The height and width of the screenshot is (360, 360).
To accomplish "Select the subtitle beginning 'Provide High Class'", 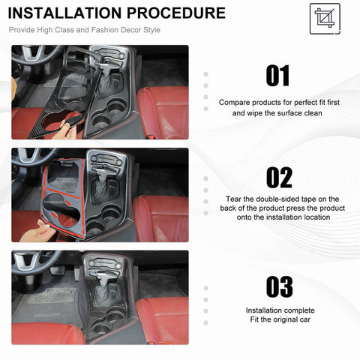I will click(84, 30).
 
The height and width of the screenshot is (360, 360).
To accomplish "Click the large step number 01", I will click(277, 76).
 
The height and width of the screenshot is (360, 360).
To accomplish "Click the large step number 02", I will click(277, 178).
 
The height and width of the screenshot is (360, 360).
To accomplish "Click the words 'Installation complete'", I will click(280, 310).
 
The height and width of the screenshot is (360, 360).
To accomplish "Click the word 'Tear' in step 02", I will click(235, 199).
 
